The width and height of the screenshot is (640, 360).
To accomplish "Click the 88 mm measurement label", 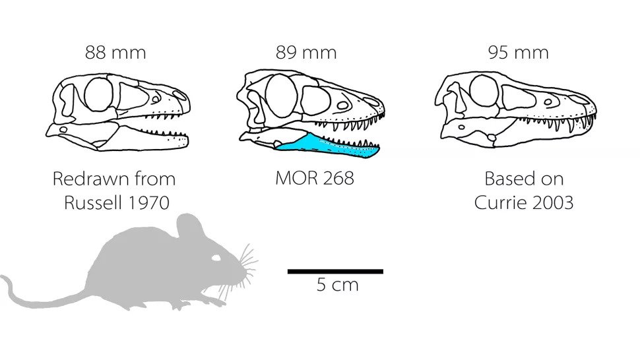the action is [115, 53].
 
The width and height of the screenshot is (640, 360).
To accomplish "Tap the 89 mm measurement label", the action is [306, 53].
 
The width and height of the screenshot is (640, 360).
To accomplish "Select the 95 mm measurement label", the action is [519, 53].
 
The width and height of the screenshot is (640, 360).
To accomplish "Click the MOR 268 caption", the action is [315, 178].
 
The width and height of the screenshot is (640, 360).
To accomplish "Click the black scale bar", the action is [336, 272].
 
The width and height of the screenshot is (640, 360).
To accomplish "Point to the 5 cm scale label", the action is [338, 285].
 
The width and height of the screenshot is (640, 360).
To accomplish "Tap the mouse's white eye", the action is [216, 258].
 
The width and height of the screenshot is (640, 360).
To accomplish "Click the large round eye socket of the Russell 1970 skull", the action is [98, 94].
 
